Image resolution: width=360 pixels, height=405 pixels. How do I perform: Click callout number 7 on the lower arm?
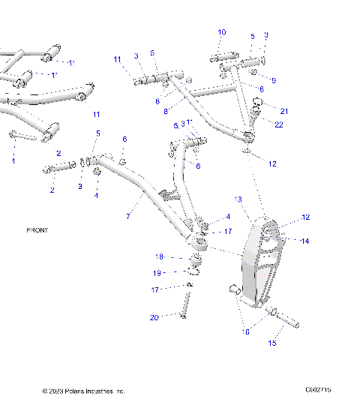tap(130, 217)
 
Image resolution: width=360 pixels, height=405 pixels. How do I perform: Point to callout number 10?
tap(221, 32)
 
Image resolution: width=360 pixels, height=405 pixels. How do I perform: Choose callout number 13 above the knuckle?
tap(239, 199)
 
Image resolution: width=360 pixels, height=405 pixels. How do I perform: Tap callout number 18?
tap(159, 256)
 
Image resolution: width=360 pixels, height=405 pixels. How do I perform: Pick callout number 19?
tap(158, 273)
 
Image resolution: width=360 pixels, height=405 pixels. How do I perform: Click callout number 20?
tap(154, 318)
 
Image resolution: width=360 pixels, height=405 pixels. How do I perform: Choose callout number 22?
tap(278, 124)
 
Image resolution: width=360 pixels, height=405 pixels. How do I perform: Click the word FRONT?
tap(37, 230)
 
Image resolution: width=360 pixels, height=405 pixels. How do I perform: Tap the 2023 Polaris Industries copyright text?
tap(84, 391)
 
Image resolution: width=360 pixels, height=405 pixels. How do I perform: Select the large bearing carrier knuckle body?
tap(262, 266)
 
